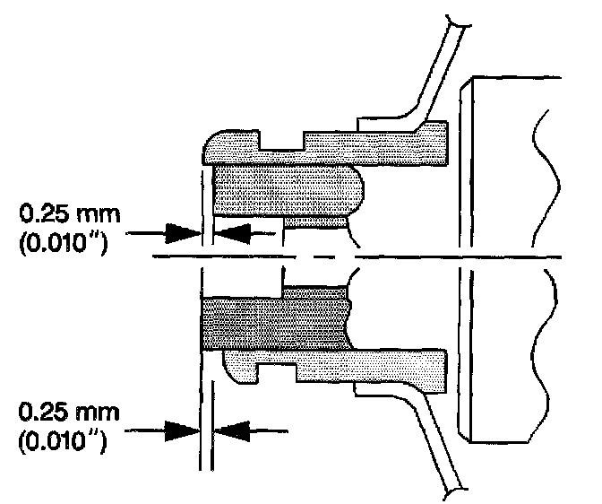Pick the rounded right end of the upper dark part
(353, 189)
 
